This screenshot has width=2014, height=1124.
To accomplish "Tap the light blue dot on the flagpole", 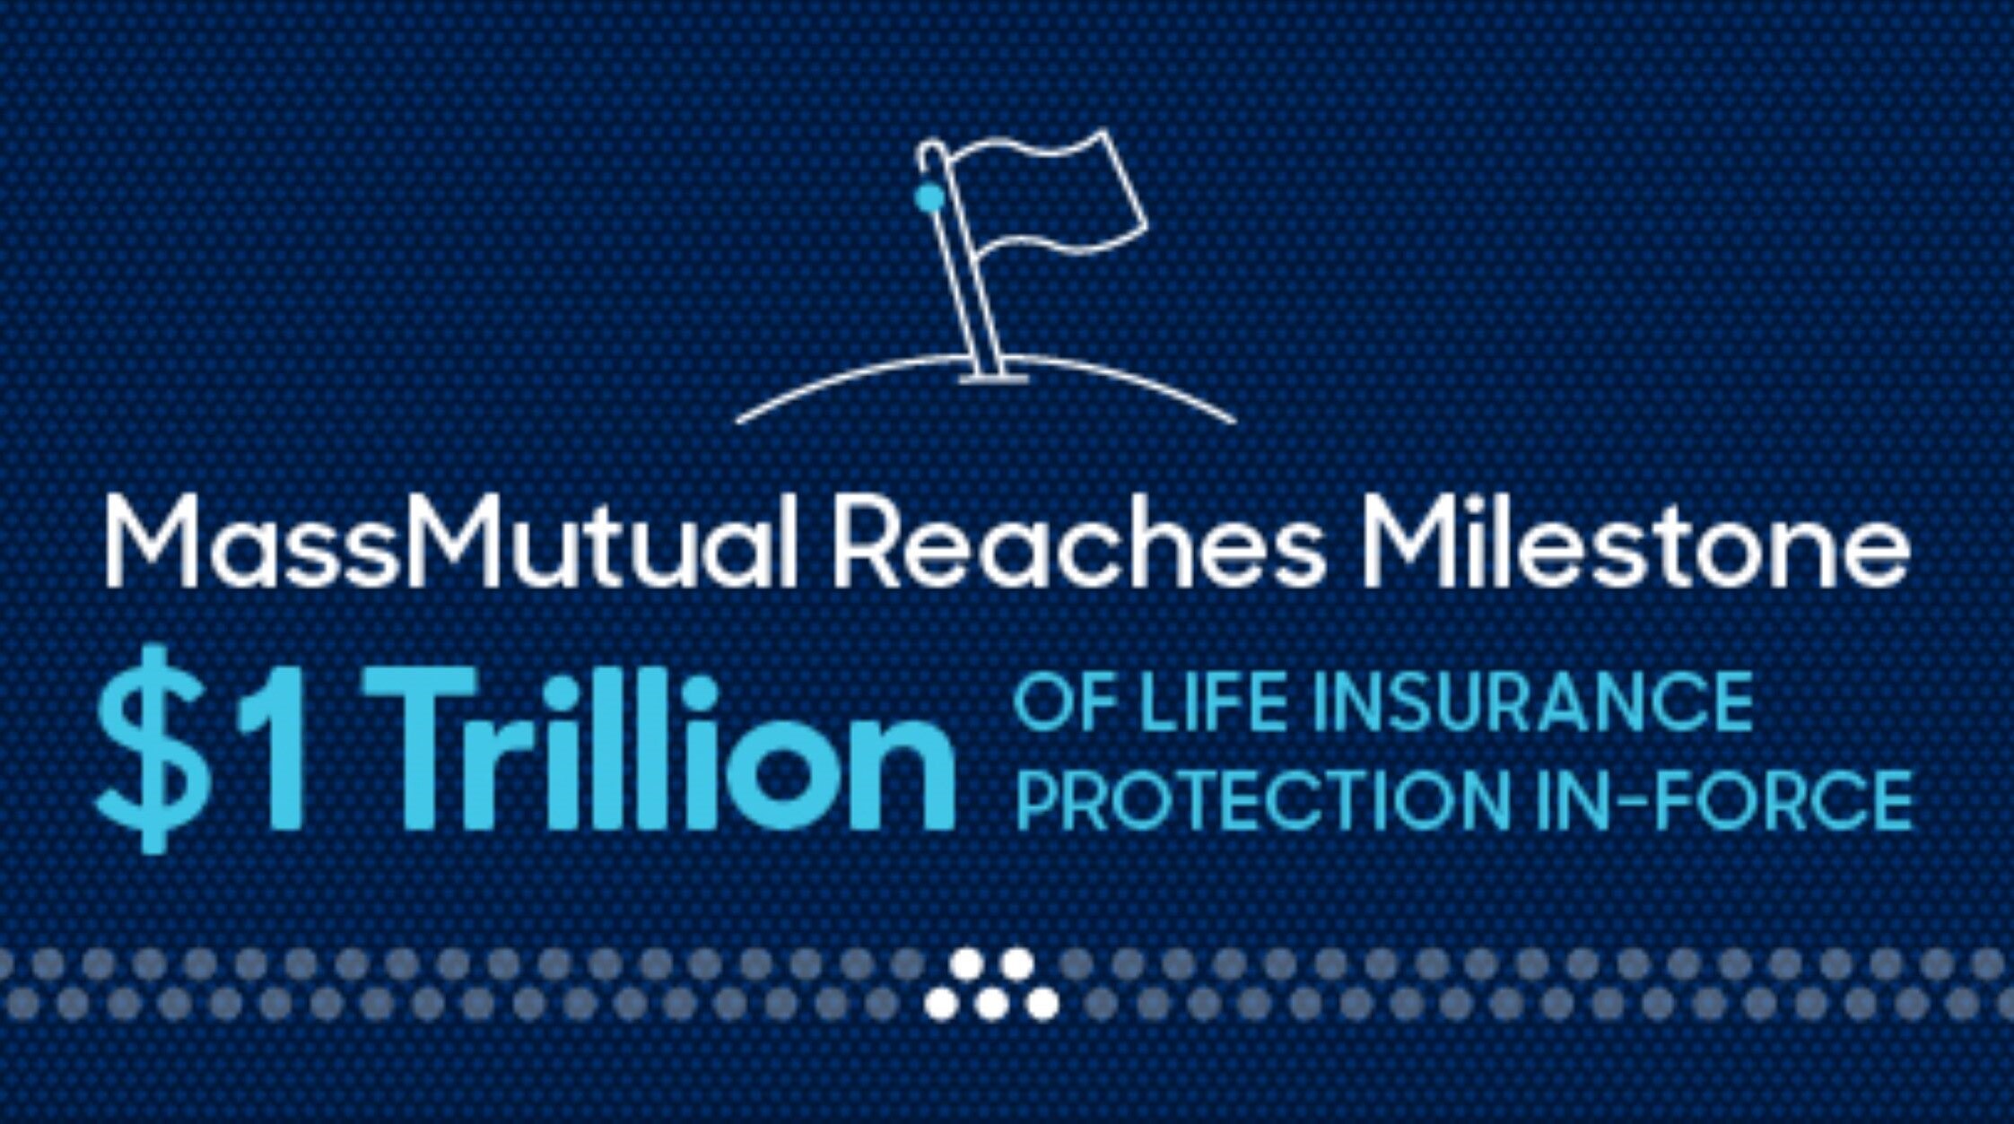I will point(929,196).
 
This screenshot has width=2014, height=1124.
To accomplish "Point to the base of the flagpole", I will point(993,377).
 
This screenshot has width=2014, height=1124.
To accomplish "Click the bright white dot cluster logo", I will point(991,984).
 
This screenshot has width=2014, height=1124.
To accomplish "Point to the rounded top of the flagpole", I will point(930,150).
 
